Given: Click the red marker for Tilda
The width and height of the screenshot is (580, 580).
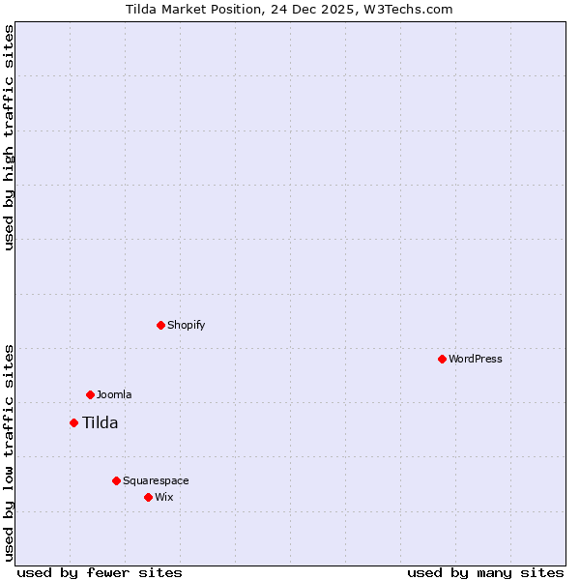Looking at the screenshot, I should (73, 422).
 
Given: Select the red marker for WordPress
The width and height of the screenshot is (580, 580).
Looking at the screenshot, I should (442, 359).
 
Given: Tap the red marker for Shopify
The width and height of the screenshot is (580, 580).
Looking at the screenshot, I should (160, 325).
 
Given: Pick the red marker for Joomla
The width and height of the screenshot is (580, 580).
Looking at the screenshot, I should (90, 394).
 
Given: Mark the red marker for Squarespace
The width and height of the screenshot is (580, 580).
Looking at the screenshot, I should (116, 480).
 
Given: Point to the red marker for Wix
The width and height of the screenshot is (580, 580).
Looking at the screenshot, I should (148, 497).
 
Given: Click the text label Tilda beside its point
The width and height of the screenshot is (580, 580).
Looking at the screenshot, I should (100, 422).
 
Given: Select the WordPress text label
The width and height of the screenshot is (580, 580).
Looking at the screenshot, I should (475, 359).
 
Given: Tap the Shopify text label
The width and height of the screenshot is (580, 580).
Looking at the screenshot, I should (186, 325).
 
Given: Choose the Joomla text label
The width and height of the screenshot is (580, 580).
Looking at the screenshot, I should (114, 394).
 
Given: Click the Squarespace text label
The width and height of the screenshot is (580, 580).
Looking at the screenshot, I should (156, 480).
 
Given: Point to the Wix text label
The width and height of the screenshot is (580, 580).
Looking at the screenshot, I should (163, 497).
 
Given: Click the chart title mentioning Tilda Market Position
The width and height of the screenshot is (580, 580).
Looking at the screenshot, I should (289, 9).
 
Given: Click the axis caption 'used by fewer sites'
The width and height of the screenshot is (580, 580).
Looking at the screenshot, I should (100, 572).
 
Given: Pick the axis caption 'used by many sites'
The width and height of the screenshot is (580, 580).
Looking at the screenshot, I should (485, 572).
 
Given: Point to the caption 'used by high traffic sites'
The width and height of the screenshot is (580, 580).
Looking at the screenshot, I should (9, 138).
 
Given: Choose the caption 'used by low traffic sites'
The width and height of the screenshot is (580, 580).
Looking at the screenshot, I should (9, 452).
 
